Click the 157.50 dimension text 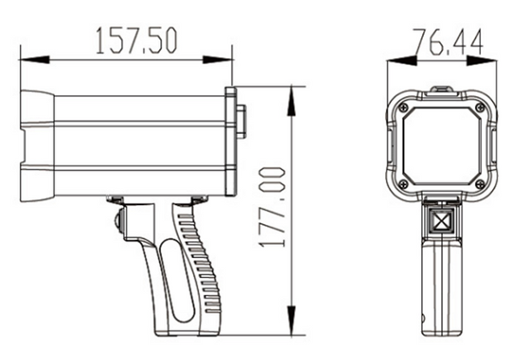tap(137, 41)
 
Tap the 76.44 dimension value tap(448, 42)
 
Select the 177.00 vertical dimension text tap(272, 208)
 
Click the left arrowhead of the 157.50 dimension tap(35, 60)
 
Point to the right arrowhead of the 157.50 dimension tap(217, 60)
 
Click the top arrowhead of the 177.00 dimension tap(291, 101)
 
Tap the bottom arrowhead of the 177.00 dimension tap(291, 320)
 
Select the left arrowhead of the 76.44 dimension tap(401, 61)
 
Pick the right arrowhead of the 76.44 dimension tap(482, 61)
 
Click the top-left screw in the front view tap(403, 107)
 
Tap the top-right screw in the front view tap(479, 107)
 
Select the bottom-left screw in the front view tap(403, 183)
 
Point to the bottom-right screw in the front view tap(479, 183)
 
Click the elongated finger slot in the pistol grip tap(177, 280)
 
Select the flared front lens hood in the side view tap(37, 145)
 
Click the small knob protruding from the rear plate tap(240, 121)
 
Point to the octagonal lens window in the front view tap(442, 146)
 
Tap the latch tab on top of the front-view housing tap(441, 91)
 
